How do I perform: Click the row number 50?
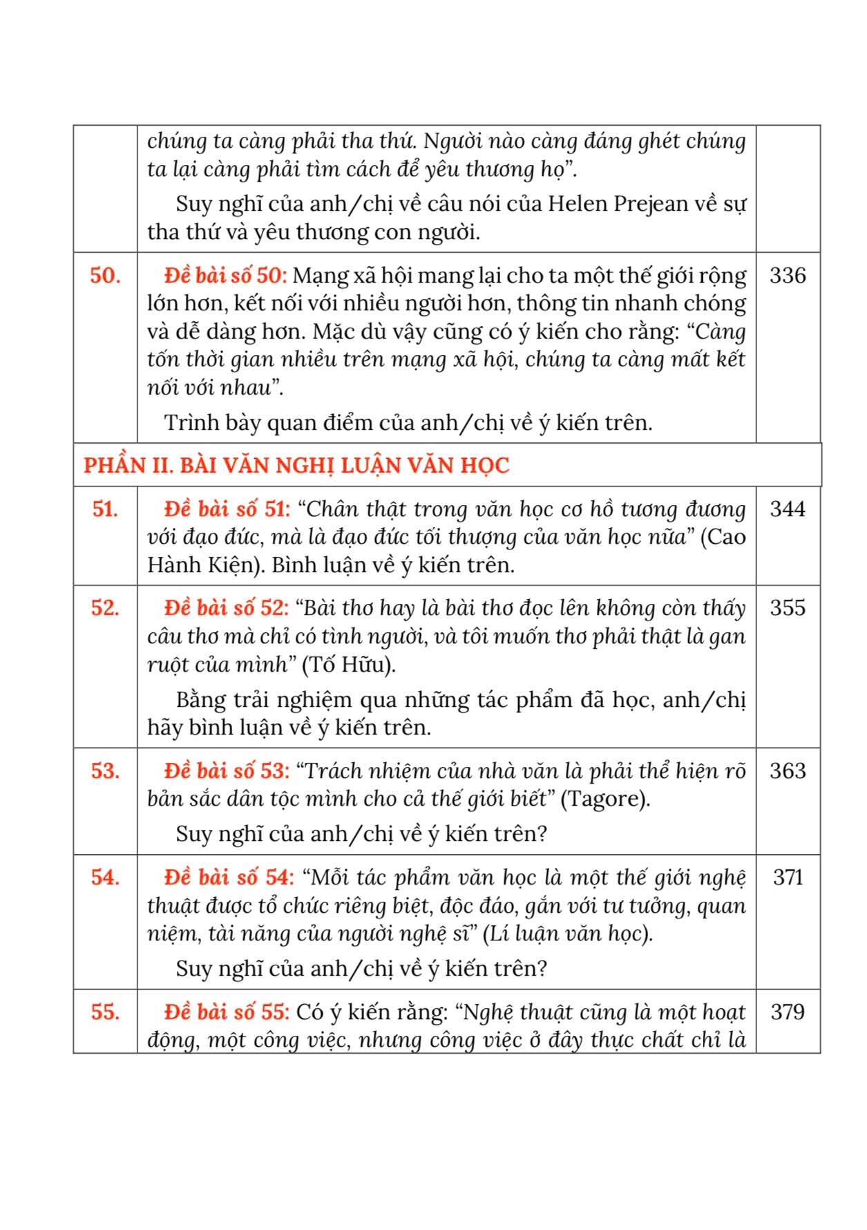[x=105, y=276]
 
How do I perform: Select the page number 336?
[x=788, y=276]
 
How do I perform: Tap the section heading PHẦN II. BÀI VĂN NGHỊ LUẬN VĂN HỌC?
[x=296, y=465]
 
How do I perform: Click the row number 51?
[x=105, y=509]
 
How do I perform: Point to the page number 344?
[x=788, y=509]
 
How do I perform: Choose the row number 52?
[x=105, y=608]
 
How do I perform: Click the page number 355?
[x=788, y=608]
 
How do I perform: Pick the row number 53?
[x=105, y=771]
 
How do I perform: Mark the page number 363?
[x=788, y=771]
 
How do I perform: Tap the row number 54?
[x=105, y=878]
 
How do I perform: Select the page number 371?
[x=788, y=878]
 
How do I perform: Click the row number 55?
[x=105, y=1012]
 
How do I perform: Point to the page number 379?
[x=788, y=1012]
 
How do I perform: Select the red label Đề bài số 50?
[x=225, y=276]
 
